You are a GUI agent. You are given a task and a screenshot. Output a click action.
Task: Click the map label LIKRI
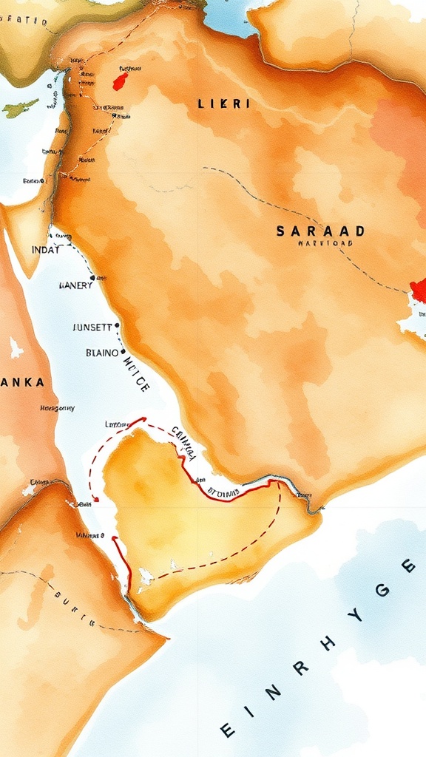tap(224, 104)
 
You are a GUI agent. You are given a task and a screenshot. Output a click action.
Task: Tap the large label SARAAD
tap(320, 231)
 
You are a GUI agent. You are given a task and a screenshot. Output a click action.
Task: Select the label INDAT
tap(45, 251)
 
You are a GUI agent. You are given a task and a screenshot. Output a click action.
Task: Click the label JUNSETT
tap(93, 326)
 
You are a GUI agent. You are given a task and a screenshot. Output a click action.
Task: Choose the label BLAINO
tap(101, 353)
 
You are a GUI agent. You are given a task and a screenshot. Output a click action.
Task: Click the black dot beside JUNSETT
tap(117, 325)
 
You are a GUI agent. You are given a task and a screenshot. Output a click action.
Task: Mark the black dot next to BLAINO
tap(123, 352)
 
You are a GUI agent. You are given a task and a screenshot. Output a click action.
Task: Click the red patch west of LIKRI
tap(120, 80)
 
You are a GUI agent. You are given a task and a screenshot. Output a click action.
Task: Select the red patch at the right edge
tap(419, 290)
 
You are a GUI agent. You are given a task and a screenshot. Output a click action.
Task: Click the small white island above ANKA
tap(15, 347)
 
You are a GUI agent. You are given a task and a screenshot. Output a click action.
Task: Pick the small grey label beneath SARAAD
tap(325, 242)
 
